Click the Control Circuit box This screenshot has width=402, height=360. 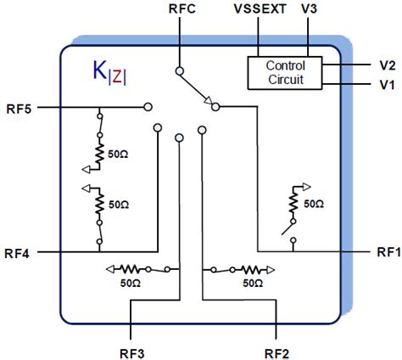click(285, 73)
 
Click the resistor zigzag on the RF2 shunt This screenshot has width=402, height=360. click(252, 267)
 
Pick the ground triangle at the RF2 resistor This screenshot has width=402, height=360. click(271, 267)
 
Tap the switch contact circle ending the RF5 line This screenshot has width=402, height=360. click(148, 108)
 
